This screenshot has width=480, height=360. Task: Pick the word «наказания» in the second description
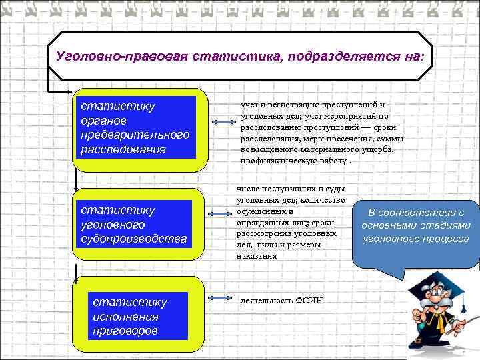coord(257,255)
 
